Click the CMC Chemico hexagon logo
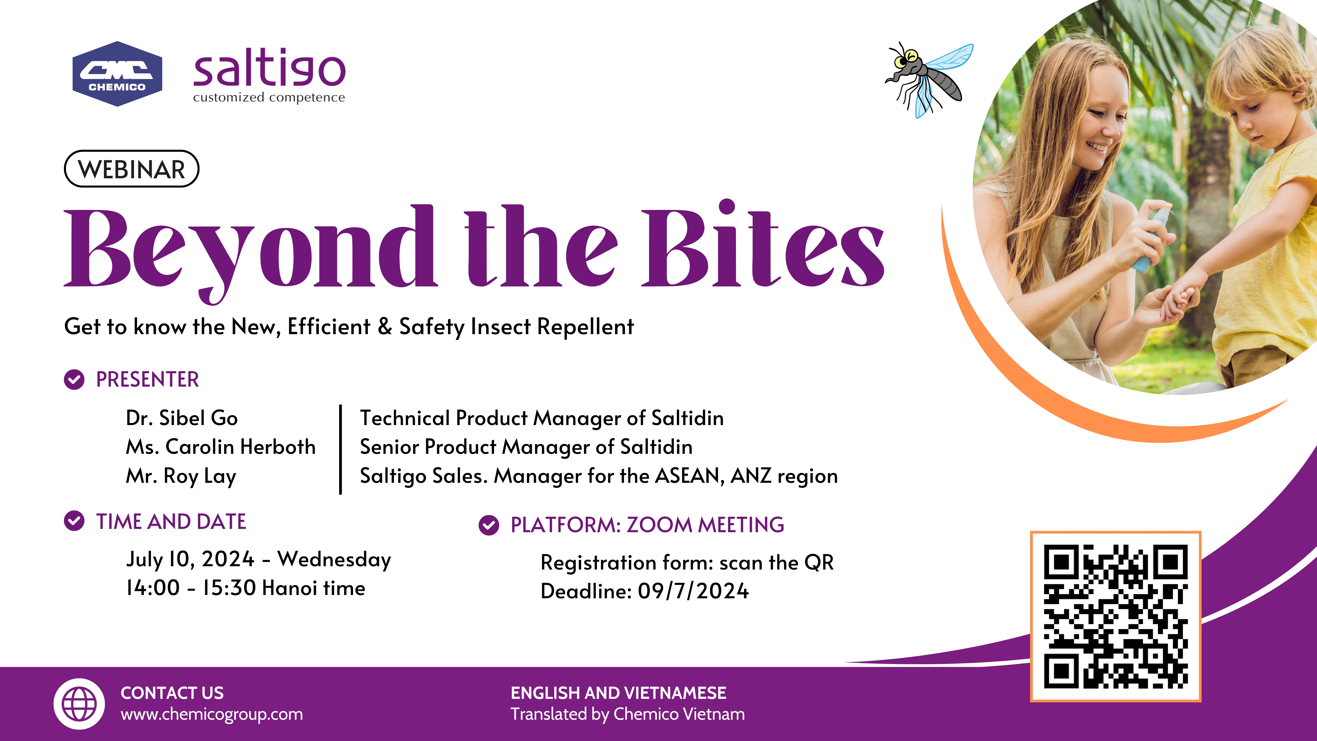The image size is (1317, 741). [x=117, y=74]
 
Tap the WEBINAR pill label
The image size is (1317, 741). [x=131, y=169]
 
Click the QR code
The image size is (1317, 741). [x=1115, y=616]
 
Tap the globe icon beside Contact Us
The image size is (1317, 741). [x=79, y=704]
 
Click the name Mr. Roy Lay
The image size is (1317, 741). [x=181, y=476]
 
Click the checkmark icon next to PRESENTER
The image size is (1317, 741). [x=74, y=379]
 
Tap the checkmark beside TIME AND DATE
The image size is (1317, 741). [x=74, y=521]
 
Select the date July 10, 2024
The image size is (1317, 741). [x=190, y=559]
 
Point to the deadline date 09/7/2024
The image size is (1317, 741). [x=693, y=591]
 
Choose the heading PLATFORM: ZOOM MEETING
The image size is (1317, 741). [x=647, y=525]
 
